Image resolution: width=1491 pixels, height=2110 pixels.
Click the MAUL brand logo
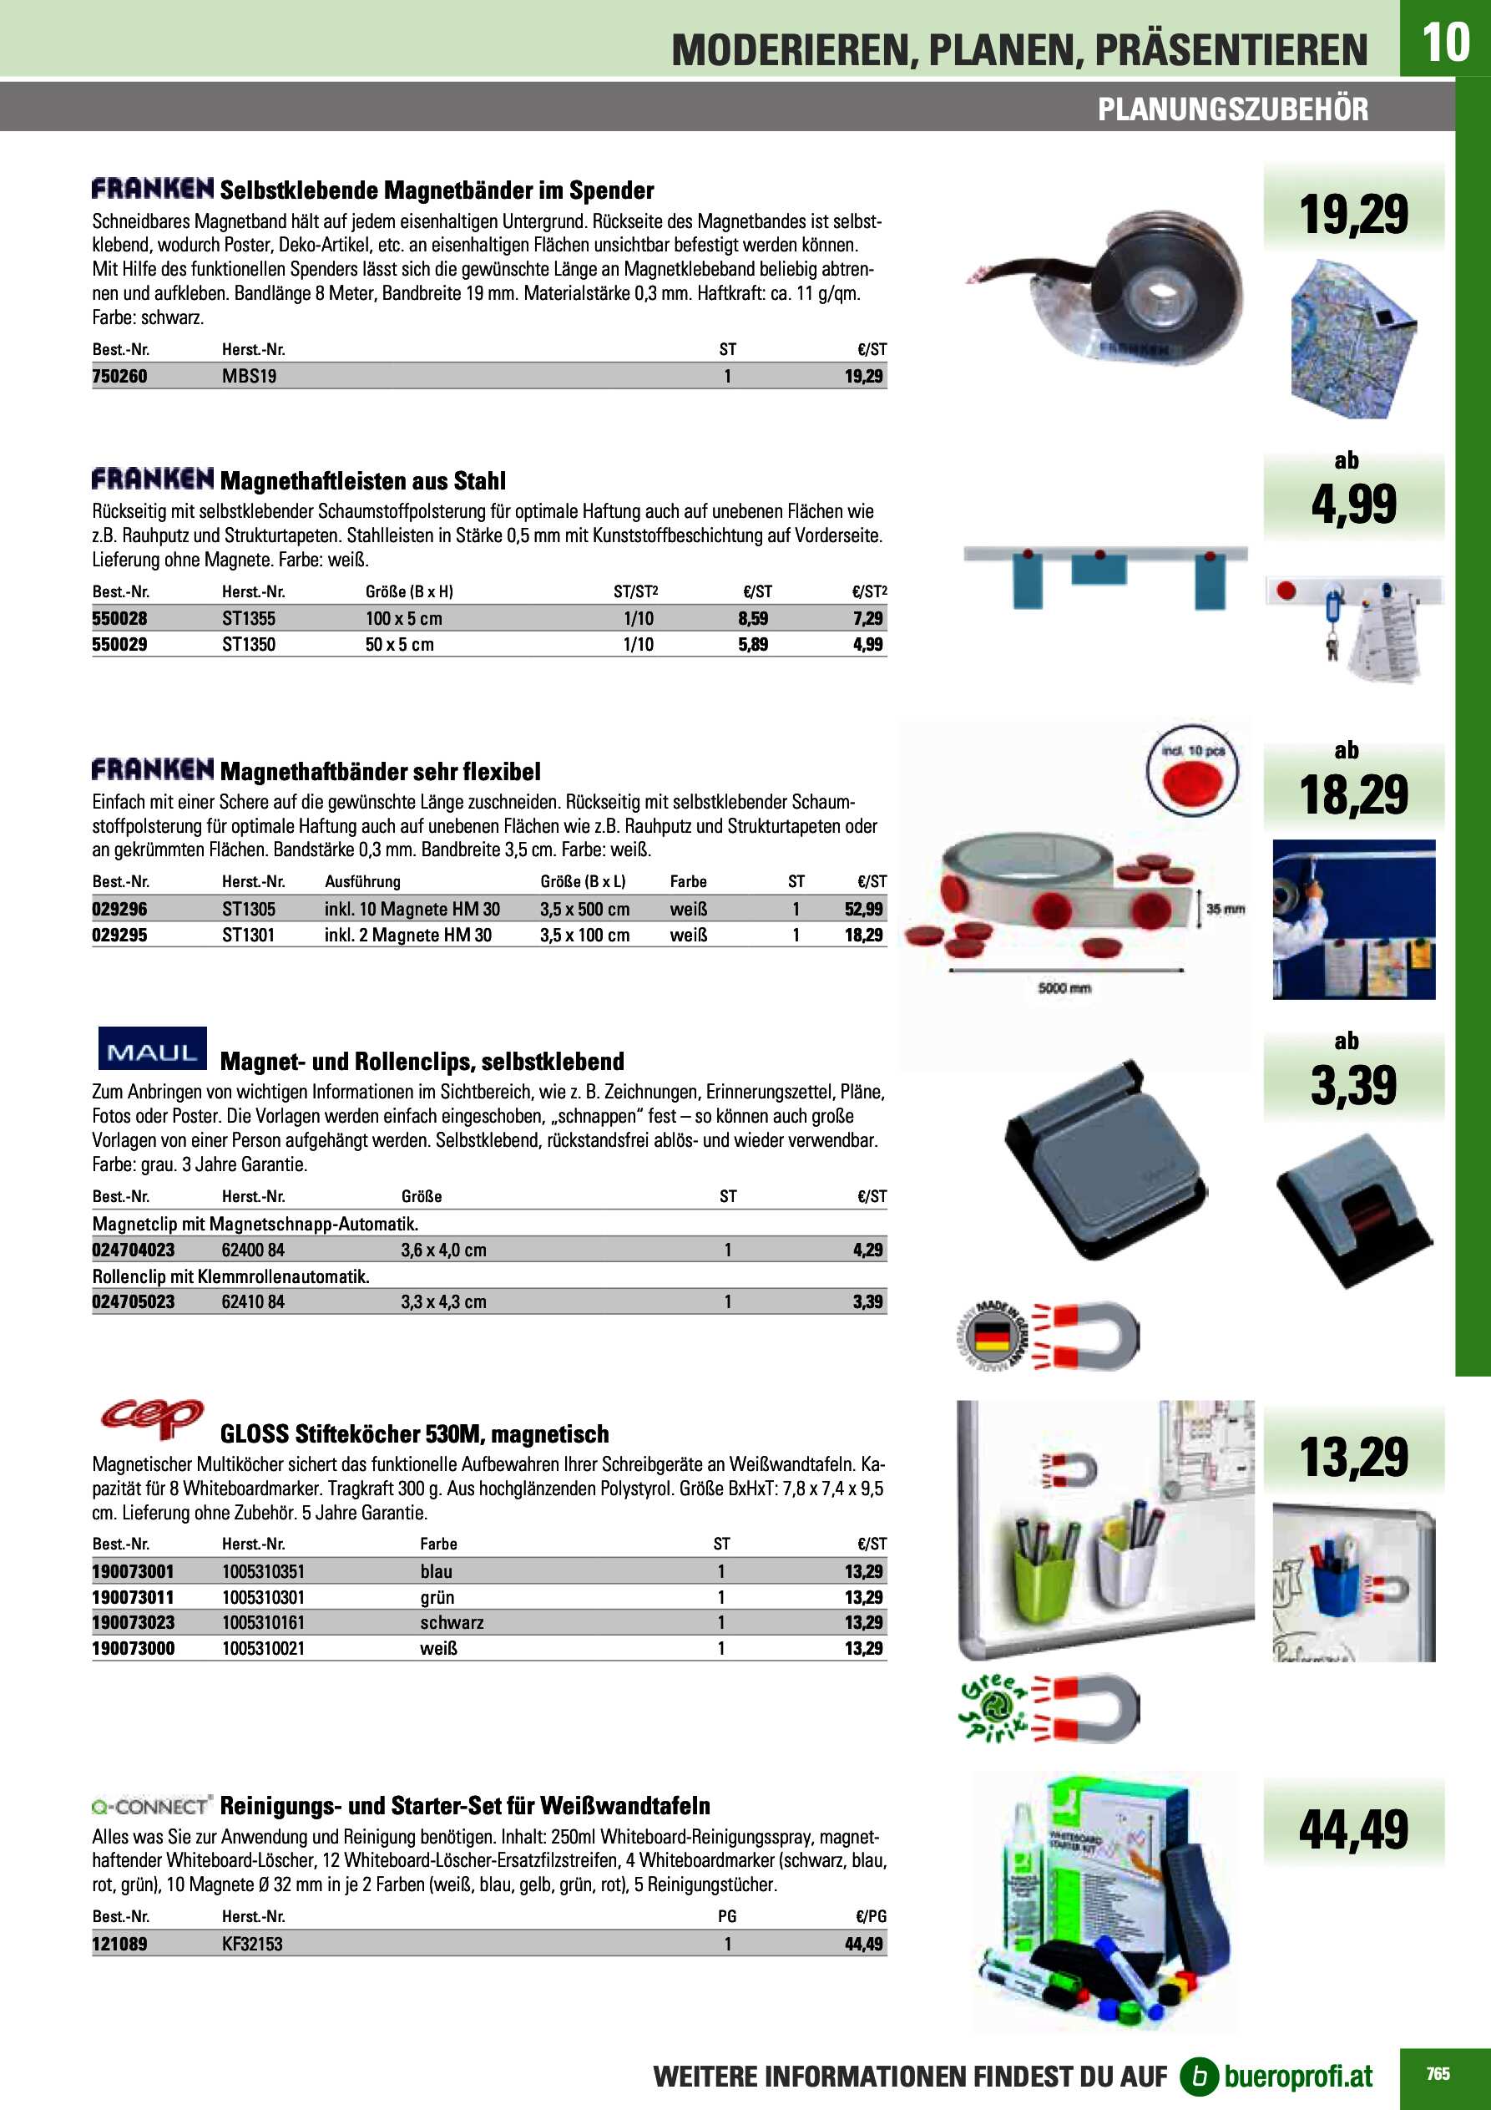coord(152,1048)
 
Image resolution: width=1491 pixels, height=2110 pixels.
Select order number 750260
coord(119,376)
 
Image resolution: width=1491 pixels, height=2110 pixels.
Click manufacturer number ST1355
coord(248,618)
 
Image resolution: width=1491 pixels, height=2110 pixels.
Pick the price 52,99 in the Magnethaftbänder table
coord(862,909)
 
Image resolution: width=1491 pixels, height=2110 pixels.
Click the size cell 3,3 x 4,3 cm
coord(442,1301)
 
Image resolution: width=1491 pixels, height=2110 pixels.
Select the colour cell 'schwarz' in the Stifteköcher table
coord(451,1623)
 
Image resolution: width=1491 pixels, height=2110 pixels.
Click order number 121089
coord(119,1944)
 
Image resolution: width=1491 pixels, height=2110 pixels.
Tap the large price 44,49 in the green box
coord(1352,1828)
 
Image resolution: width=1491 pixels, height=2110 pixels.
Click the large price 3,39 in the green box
coord(1352,1085)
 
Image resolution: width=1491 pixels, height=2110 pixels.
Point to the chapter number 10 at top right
coord(1444,42)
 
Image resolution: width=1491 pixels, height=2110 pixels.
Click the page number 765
coord(1438,2073)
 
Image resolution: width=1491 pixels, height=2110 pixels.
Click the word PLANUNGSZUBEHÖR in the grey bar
coord(1232,109)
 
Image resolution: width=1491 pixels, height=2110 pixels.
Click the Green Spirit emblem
coord(995,1708)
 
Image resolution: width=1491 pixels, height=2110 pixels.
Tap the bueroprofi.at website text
coord(1297,2076)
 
